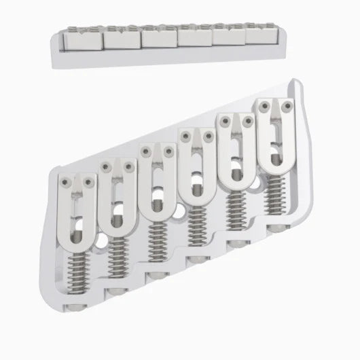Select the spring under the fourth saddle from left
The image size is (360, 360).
pyautogui.click(x=197, y=223)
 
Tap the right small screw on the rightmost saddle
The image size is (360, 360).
pyautogui.click(x=290, y=106)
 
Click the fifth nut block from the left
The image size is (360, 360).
pyautogui.click(x=230, y=35)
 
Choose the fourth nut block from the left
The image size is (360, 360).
pyautogui.click(x=194, y=36)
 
